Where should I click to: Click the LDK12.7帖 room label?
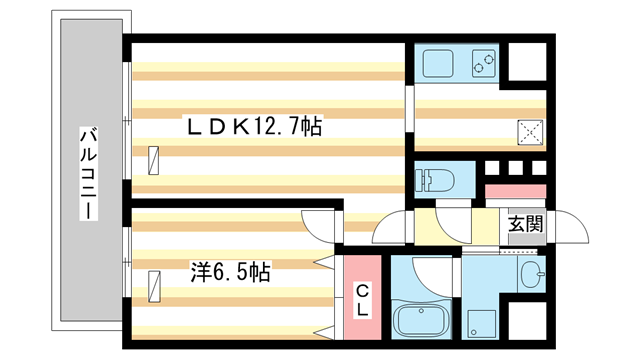pos(250,128)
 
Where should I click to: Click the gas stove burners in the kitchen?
pos(484,63)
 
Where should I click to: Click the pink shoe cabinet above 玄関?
pos(516,191)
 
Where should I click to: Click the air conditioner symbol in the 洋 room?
pos(153,285)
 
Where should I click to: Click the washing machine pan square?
pos(483,321)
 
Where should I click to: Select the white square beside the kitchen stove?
pos(527,63)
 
